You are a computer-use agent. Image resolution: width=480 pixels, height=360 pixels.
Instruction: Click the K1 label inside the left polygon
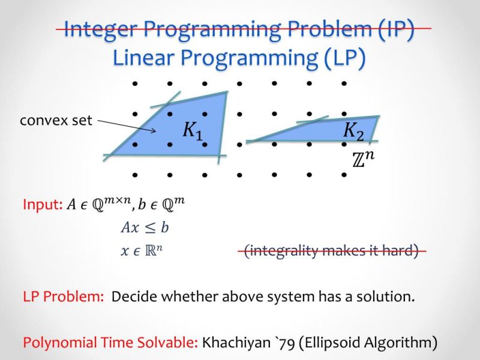coord(193,131)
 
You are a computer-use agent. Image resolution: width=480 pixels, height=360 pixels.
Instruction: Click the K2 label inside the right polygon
coord(353,130)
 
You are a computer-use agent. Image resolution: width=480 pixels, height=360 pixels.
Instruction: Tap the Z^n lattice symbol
coord(364,160)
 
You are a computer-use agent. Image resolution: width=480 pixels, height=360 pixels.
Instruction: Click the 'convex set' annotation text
coord(56,121)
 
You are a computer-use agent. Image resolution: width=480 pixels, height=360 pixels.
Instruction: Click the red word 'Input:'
coord(42,205)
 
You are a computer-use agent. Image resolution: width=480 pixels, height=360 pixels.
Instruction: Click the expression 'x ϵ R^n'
coord(142,251)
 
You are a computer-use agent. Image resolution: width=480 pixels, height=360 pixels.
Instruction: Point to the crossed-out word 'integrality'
coord(286,251)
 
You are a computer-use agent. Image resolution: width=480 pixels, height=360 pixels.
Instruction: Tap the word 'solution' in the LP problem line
coord(388,296)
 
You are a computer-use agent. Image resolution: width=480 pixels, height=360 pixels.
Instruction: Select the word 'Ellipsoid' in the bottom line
coord(331,343)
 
